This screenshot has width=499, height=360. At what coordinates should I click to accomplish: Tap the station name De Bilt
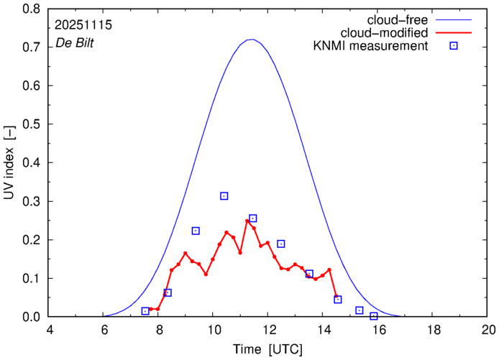pyautogui.click(x=75, y=43)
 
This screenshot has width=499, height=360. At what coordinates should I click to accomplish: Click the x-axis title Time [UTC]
pyautogui.click(x=267, y=349)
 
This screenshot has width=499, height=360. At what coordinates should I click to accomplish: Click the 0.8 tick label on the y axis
pyautogui.click(x=31, y=9)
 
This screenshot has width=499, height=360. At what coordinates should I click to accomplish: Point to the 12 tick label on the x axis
pyautogui.click(x=267, y=330)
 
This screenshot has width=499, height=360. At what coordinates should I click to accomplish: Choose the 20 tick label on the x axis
pyautogui.click(x=488, y=330)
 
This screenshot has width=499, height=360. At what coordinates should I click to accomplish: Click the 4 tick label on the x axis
pyautogui.click(x=48, y=330)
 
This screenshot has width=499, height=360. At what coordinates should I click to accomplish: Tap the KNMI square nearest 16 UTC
pyautogui.click(x=373, y=316)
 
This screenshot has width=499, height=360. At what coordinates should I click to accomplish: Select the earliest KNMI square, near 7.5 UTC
pyautogui.click(x=145, y=311)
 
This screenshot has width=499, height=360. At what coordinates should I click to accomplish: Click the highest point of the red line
pyautogui.click(x=247, y=221)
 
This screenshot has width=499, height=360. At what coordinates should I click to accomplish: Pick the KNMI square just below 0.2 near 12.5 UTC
pyautogui.click(x=281, y=244)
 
